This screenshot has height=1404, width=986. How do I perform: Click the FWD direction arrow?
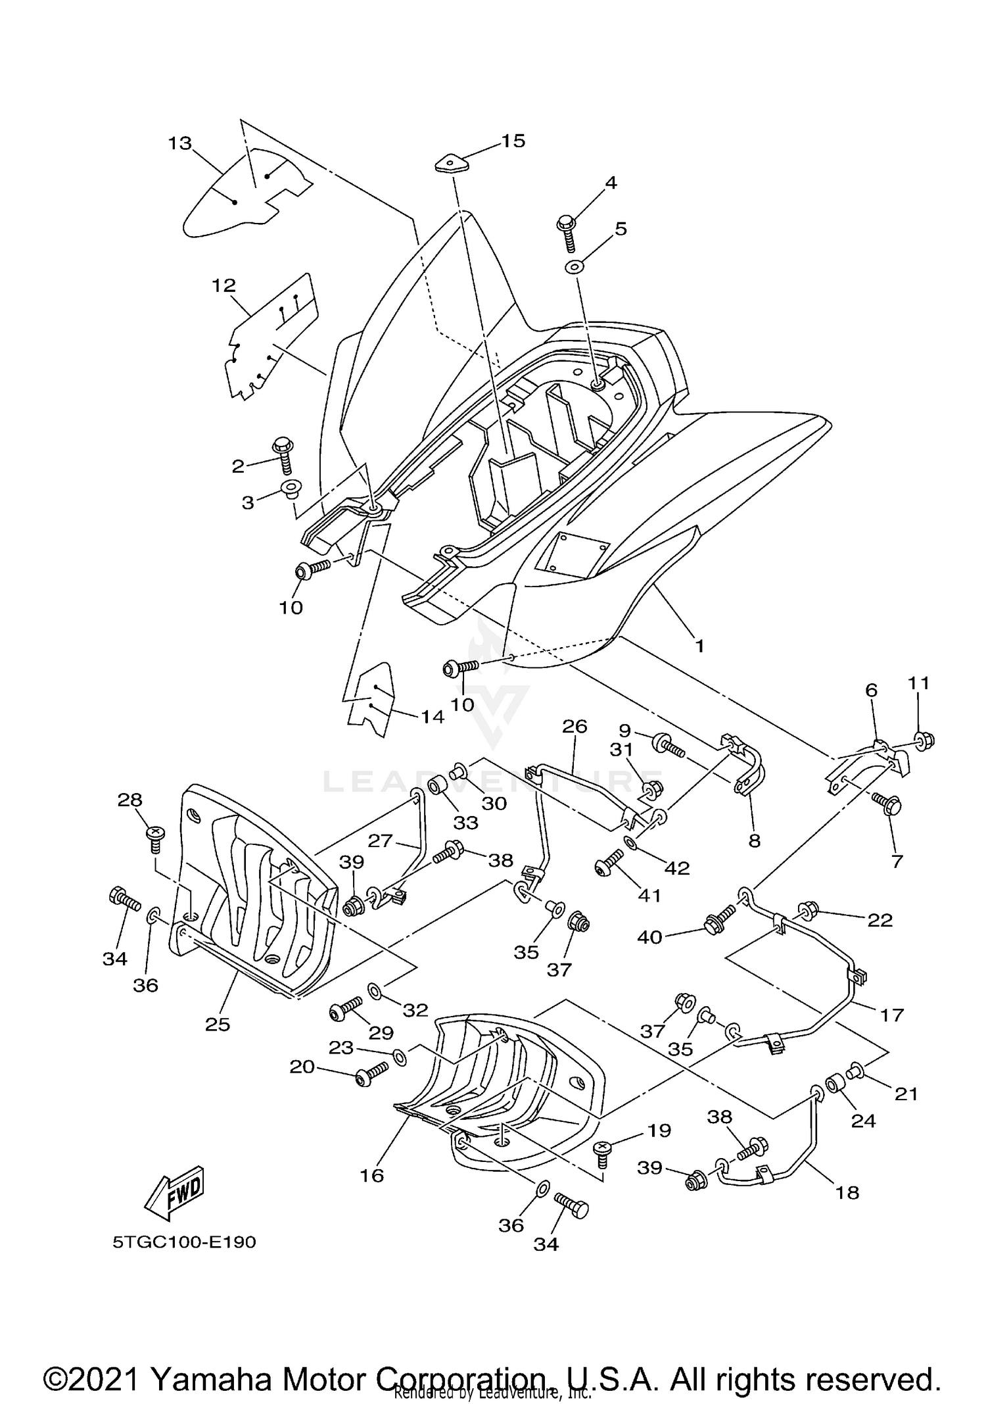click(174, 1192)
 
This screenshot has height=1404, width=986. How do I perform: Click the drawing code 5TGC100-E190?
click(184, 1242)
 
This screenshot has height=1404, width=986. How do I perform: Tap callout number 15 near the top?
click(513, 141)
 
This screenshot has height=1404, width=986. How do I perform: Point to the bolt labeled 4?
click(567, 231)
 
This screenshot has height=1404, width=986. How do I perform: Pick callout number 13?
click(179, 143)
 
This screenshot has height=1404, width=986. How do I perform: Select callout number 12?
click(223, 285)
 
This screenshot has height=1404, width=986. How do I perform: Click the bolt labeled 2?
click(283, 453)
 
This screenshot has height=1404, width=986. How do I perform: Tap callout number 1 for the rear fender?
click(699, 646)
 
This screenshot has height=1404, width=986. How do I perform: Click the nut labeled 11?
click(924, 741)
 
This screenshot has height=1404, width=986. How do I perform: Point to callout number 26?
click(575, 727)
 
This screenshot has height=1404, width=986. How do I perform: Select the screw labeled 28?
click(156, 836)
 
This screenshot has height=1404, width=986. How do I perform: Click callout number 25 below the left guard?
click(218, 1024)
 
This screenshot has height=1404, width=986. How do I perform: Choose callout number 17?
click(892, 1015)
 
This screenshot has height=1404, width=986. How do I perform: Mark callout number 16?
click(372, 1175)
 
